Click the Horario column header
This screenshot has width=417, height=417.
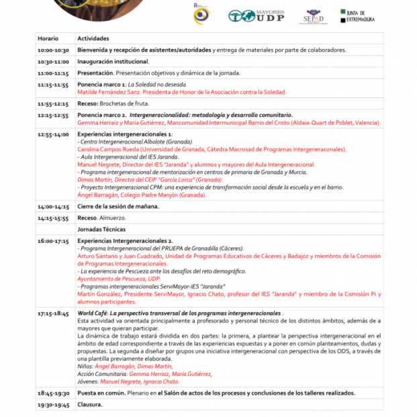(48, 38)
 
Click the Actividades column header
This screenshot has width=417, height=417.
(93, 38)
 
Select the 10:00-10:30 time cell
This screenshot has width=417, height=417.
(54, 50)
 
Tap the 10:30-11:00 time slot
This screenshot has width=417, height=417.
(54, 61)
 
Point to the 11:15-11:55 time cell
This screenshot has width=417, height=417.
(54, 85)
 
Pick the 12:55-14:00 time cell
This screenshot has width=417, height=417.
(54, 134)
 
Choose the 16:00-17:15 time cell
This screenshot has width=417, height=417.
(54, 240)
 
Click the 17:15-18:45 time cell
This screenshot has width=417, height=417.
(54, 314)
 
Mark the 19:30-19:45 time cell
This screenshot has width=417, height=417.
(54, 405)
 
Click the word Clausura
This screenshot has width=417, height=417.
(90, 405)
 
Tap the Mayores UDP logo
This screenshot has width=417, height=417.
(255, 15)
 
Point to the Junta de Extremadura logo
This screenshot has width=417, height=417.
(363, 15)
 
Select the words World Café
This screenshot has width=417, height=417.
(91, 314)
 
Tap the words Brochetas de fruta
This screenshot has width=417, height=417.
(123, 103)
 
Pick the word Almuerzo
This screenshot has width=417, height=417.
(112, 218)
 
